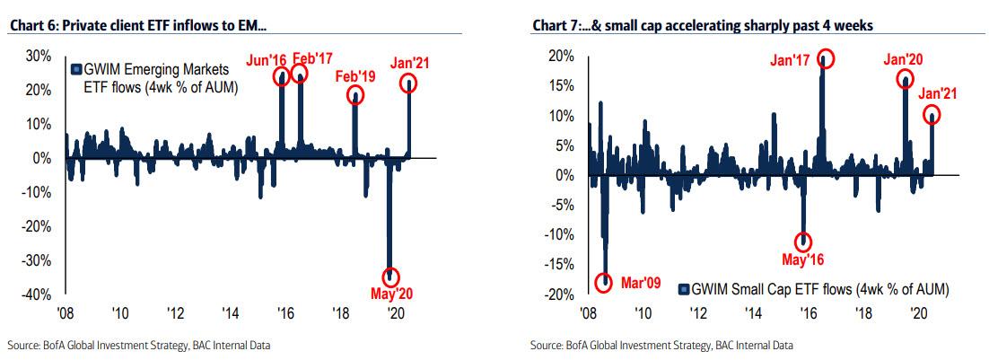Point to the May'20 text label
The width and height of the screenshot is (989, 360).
click(x=391, y=293)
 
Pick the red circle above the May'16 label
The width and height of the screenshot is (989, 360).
click(x=803, y=241)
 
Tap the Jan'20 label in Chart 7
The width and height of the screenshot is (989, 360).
click(x=904, y=60)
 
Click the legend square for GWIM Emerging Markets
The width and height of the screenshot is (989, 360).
click(x=76, y=70)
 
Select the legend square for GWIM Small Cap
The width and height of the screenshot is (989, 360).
click(x=684, y=289)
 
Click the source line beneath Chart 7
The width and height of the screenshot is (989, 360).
click(x=661, y=345)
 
